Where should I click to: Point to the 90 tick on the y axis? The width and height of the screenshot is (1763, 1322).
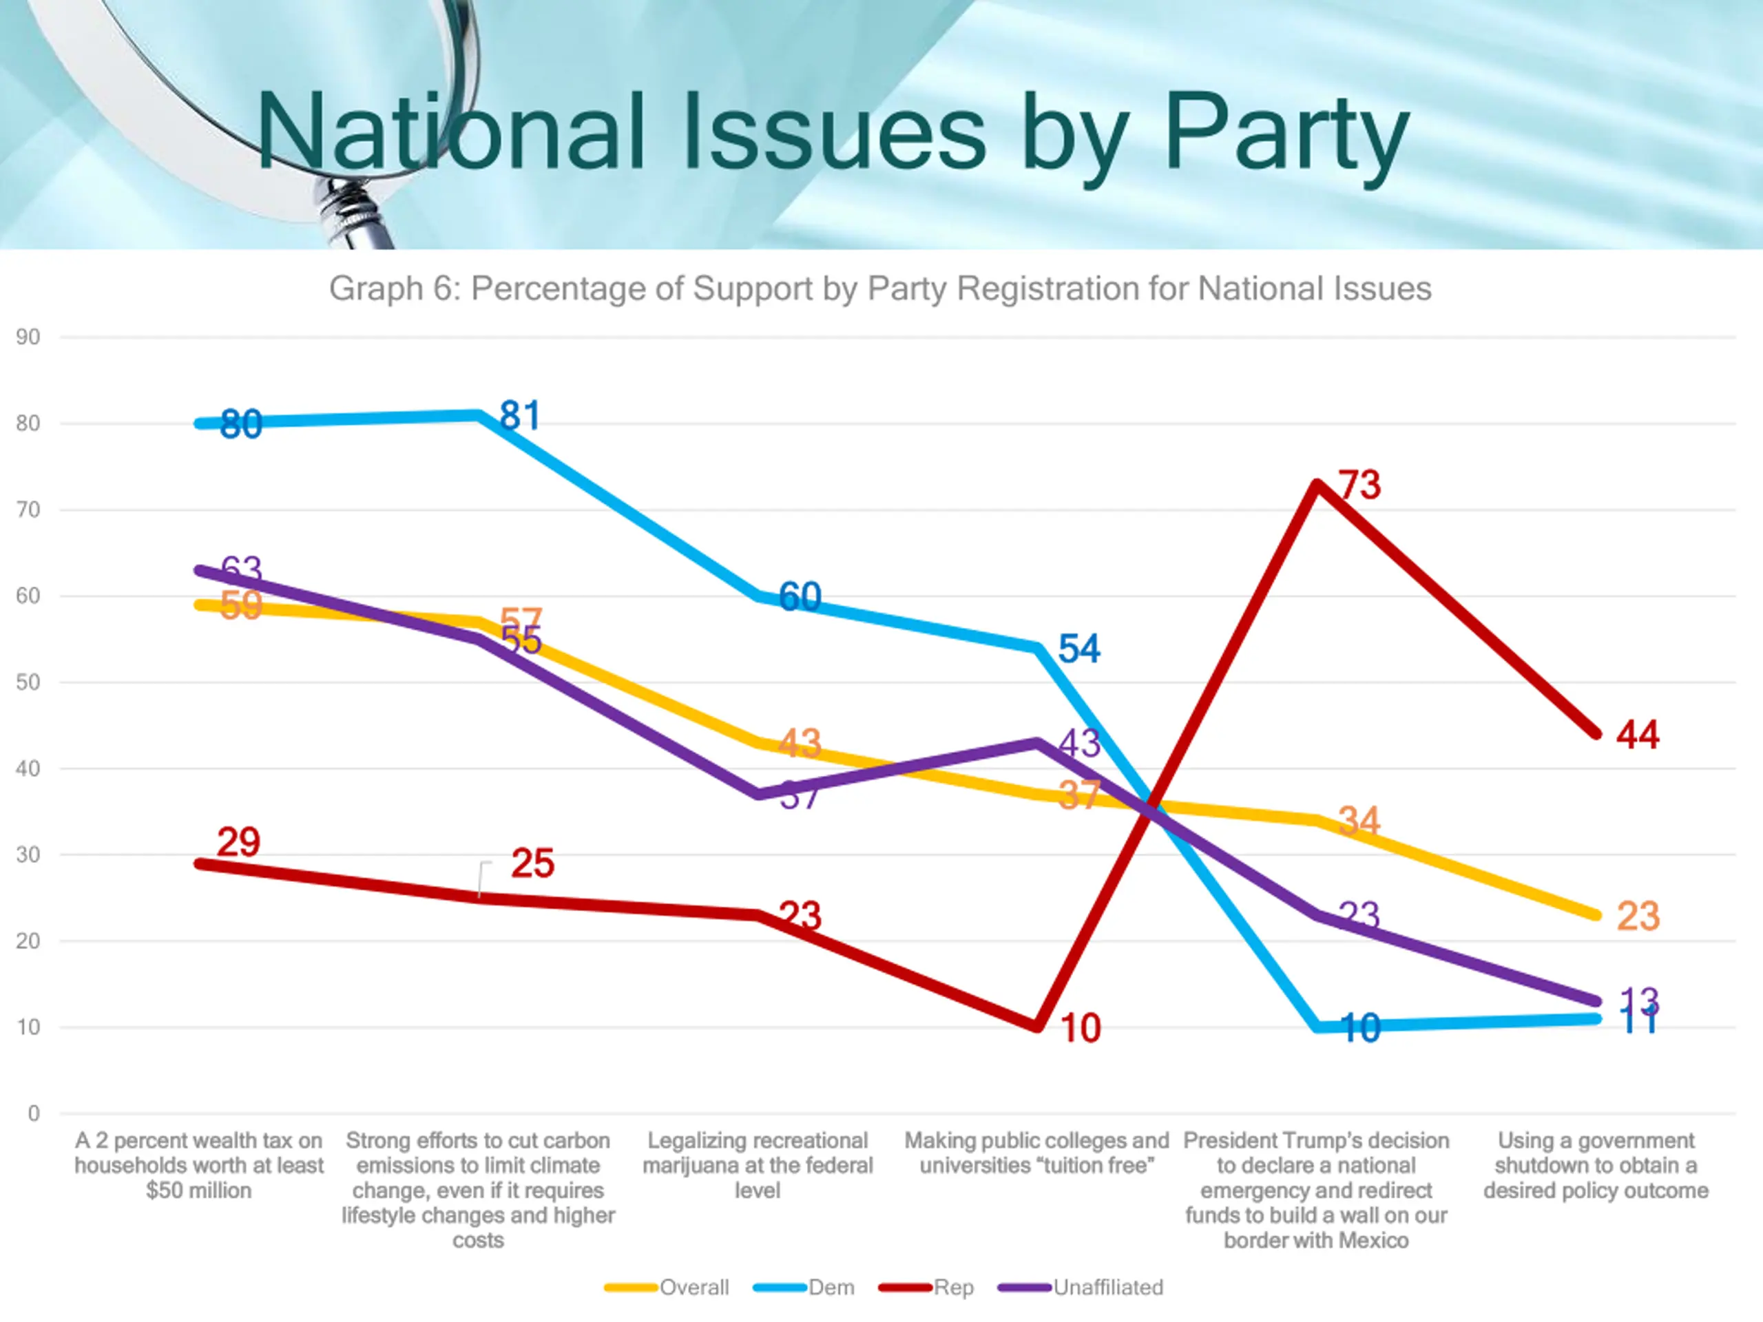coord(28,337)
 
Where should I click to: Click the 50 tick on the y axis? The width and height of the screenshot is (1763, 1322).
coord(28,682)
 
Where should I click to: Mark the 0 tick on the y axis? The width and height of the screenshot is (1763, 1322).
coord(34,1113)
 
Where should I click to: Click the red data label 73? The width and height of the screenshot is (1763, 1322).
coord(1359,485)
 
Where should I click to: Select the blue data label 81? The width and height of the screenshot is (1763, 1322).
coord(520,415)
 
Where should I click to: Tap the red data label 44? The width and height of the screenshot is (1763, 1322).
coord(1638,734)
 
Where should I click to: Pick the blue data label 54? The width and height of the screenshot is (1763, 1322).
coord(1079,649)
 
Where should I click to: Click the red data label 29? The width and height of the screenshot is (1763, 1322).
coord(238,842)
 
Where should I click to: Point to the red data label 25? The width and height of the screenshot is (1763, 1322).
coord(532,863)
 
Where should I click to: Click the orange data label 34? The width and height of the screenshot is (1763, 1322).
coord(1359,821)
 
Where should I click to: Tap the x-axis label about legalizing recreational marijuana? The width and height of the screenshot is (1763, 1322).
coord(757,1165)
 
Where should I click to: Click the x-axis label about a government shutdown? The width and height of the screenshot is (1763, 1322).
coord(1596,1165)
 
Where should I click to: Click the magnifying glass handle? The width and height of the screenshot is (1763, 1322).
coord(355,215)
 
